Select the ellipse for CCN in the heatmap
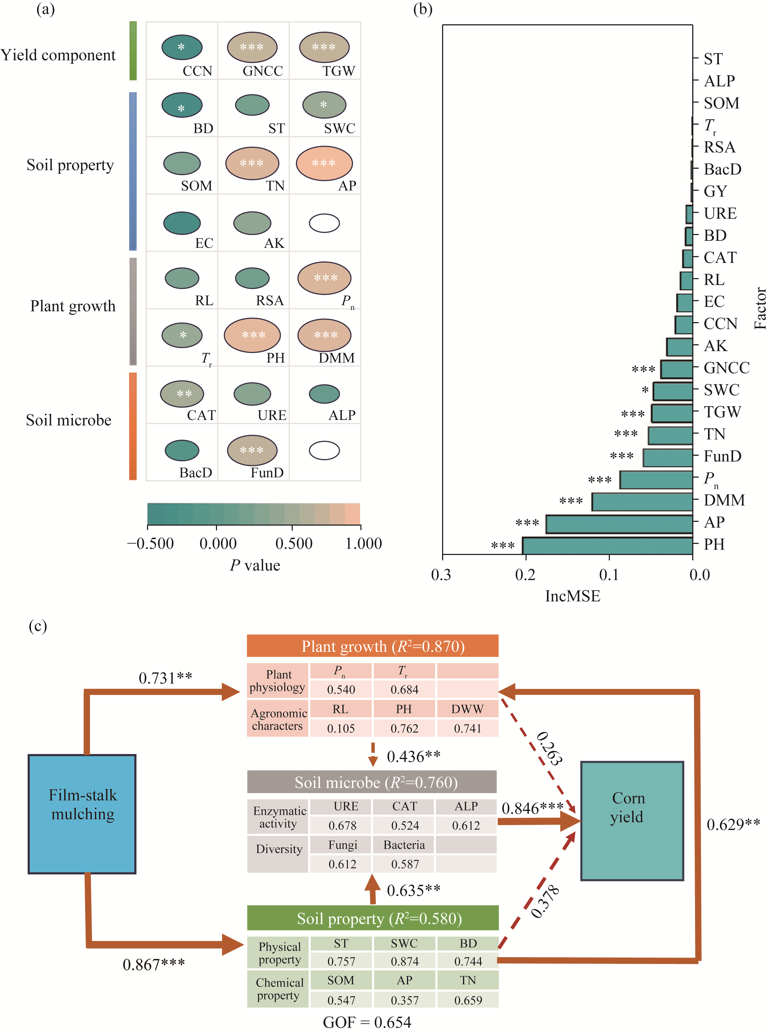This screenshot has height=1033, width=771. click(x=182, y=47)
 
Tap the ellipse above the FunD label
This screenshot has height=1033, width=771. click(x=252, y=450)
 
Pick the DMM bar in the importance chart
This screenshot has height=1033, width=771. click(x=642, y=501)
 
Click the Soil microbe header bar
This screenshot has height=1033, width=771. click(x=372, y=782)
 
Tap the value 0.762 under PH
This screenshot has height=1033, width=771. click(x=404, y=728)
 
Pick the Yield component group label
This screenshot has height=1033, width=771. click(x=58, y=55)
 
